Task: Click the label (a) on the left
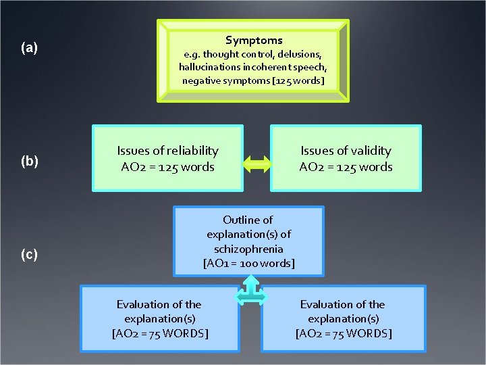29,48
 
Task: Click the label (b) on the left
29,162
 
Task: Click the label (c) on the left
29,255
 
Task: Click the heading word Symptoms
254,41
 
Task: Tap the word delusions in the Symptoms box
300,54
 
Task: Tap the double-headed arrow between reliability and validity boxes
256,162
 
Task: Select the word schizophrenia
248,249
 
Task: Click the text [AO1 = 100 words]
248,263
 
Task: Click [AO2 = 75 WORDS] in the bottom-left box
159,333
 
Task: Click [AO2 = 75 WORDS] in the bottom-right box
343,333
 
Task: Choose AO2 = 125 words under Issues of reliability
167,166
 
